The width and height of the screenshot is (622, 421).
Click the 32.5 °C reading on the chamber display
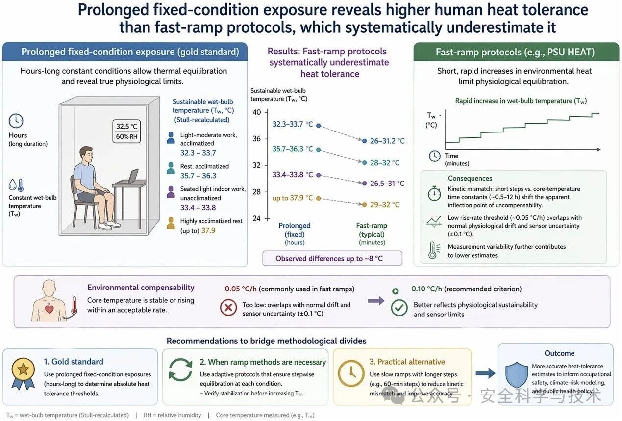[x=126, y=126]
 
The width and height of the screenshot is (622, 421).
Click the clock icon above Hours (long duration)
[x=16, y=121]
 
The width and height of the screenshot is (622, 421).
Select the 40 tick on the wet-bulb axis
[x=256, y=112]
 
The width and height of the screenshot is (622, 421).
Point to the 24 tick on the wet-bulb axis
[x=256, y=219]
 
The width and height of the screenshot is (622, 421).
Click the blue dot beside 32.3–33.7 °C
[x=319, y=126]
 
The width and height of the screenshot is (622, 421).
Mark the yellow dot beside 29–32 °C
[x=364, y=205]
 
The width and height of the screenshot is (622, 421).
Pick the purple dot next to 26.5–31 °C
[x=364, y=183]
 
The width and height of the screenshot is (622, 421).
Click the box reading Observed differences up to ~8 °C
[x=332, y=259]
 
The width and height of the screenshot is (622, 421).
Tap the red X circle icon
[x=228, y=308]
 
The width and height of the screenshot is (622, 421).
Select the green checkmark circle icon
[x=399, y=308]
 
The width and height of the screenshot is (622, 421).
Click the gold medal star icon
[x=24, y=369]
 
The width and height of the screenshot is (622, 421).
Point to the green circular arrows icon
[x=180, y=370]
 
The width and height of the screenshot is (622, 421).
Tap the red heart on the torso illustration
[x=50, y=309]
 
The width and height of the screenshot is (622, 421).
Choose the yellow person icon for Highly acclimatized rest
[x=171, y=223]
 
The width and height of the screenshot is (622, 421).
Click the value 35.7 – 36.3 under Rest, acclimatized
[x=198, y=176]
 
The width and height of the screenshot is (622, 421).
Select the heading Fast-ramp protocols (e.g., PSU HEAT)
[x=515, y=52]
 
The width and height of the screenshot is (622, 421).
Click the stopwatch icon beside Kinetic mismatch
[x=434, y=194]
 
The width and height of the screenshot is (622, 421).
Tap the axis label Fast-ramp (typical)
[x=372, y=230]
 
